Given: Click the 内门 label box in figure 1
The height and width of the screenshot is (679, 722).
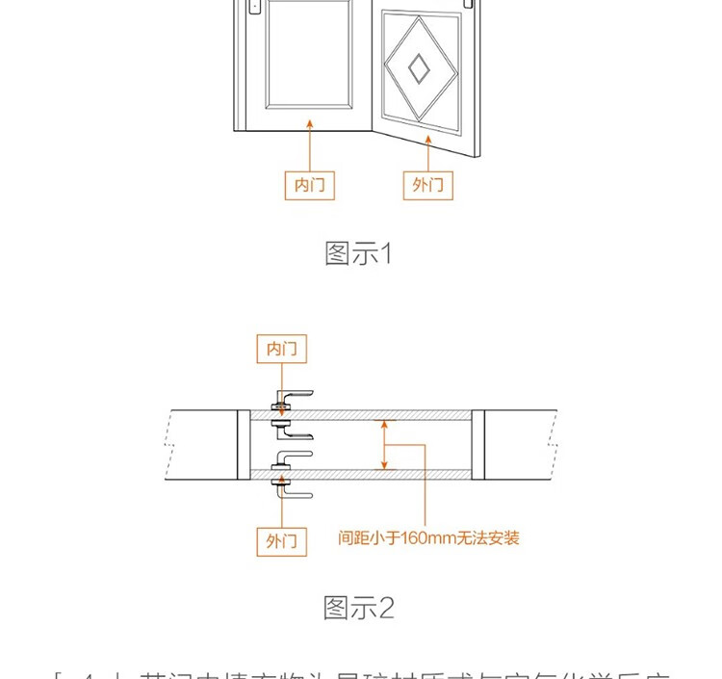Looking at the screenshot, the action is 310,185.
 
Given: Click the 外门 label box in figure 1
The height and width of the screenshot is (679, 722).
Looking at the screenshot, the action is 427,185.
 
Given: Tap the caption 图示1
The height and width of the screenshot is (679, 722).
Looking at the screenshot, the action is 359,254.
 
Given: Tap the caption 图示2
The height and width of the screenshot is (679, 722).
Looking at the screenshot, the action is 359,609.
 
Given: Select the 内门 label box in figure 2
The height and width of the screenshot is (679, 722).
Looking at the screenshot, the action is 282,348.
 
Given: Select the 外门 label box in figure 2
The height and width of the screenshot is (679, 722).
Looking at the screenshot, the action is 282,541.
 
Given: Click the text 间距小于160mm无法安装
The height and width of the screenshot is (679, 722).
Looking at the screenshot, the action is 429,537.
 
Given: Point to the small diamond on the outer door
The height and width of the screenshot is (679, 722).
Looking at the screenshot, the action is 419,66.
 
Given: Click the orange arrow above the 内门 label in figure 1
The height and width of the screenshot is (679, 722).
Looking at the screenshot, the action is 310,144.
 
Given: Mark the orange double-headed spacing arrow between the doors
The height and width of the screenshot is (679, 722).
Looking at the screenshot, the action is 385,444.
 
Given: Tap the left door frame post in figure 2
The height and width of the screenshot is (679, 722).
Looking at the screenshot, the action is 244,444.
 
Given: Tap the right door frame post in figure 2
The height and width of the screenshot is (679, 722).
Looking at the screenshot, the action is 477,444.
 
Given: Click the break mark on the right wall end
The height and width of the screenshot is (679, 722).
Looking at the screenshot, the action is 552,444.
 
